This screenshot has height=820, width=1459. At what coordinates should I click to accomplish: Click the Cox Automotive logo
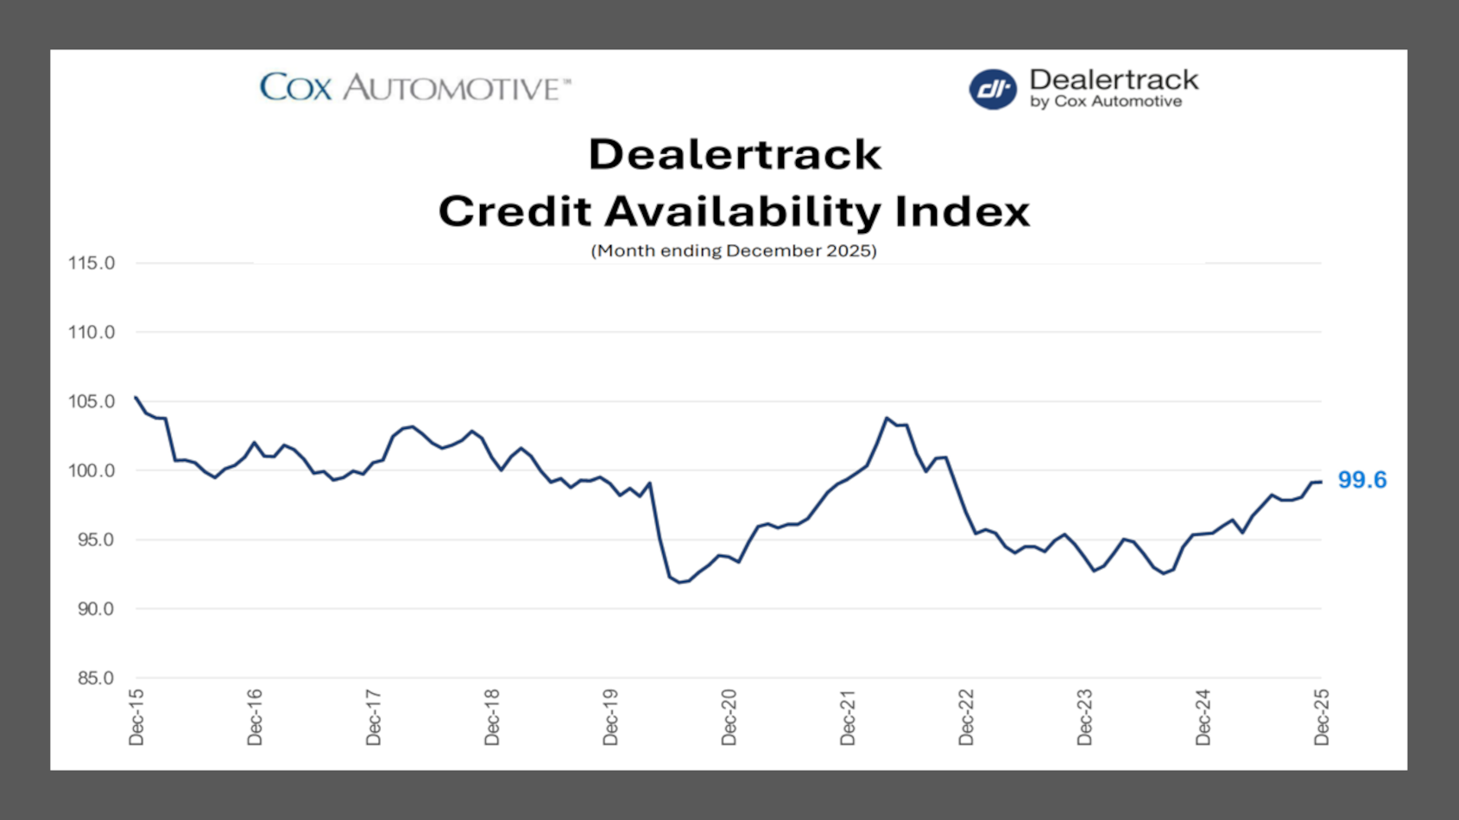[x=415, y=87]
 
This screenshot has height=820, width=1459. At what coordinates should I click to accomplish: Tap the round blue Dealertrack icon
[x=992, y=89]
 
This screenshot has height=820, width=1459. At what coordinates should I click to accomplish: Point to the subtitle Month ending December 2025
[x=734, y=250]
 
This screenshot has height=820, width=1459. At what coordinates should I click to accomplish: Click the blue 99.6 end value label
[x=1361, y=480]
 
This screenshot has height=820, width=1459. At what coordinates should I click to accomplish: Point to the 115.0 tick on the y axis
[x=92, y=263]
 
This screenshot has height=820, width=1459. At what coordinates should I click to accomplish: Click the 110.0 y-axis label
[x=92, y=332]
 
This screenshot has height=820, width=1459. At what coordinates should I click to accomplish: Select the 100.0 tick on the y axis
[x=92, y=470]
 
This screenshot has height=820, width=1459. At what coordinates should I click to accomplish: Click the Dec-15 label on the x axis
[x=136, y=716]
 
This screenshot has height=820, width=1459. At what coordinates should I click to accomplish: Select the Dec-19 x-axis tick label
[x=610, y=716]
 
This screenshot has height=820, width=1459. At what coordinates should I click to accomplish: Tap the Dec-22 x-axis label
[x=966, y=716]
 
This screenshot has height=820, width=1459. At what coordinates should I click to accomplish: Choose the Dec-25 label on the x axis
[x=1322, y=716]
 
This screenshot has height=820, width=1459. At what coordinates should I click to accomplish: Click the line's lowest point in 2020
[x=679, y=583]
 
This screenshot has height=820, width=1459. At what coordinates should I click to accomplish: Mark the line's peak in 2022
[x=887, y=419]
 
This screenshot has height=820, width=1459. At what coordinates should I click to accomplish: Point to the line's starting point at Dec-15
[x=136, y=398]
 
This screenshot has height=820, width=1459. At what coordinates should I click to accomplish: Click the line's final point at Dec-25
[x=1321, y=482]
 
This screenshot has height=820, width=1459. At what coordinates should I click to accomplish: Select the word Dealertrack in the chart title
[x=735, y=155]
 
